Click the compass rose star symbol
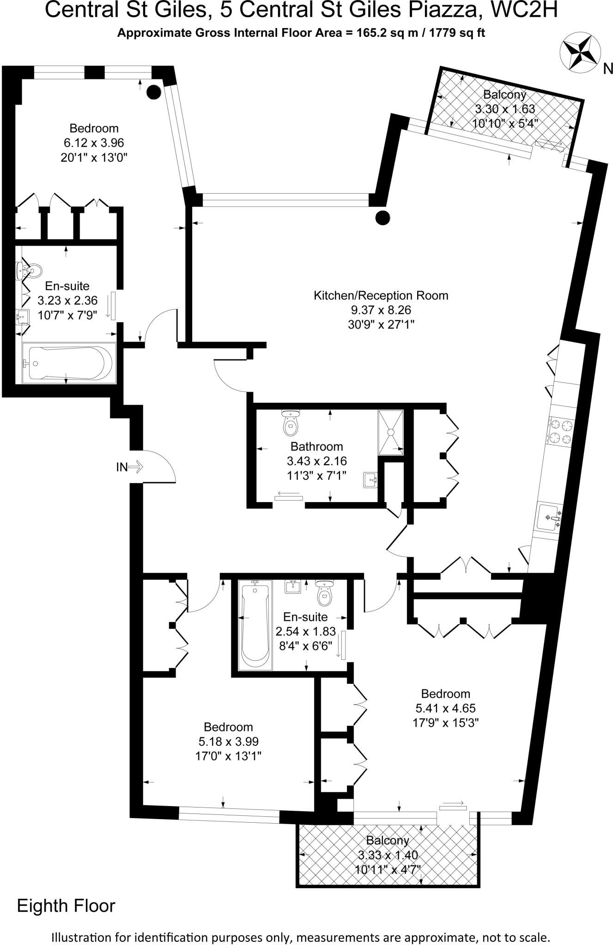coord(580,54)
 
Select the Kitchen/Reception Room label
coord(381,295)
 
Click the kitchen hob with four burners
coord(560,431)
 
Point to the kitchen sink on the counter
coord(549,518)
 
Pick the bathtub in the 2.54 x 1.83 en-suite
coord(255,625)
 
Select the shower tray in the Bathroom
coord(391,432)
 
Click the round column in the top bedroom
coord(154,92)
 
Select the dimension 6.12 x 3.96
coord(94,143)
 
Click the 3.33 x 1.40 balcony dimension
coord(388,855)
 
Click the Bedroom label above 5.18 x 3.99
coord(228,727)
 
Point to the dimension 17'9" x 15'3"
coord(445,722)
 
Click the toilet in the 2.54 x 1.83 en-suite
coord(324,595)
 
